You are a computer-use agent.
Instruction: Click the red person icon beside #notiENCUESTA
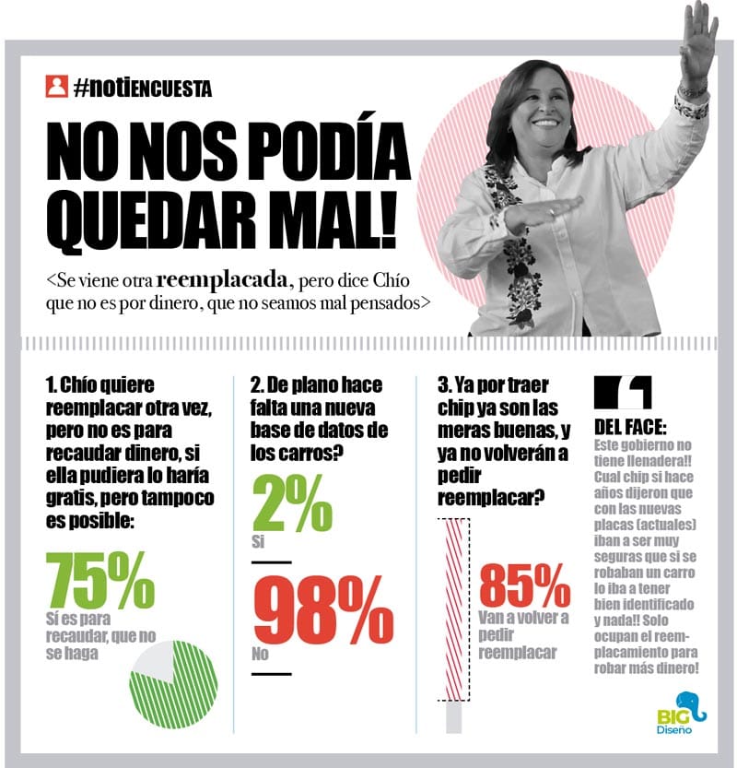tap(57, 88)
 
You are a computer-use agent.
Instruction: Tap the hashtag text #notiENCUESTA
tap(143, 88)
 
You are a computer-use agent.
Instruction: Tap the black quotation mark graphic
tap(624, 393)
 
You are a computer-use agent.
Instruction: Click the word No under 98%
tap(261, 656)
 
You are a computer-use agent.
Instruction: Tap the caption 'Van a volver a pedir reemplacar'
tap(523, 634)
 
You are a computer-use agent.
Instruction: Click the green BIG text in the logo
tap(670, 715)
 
